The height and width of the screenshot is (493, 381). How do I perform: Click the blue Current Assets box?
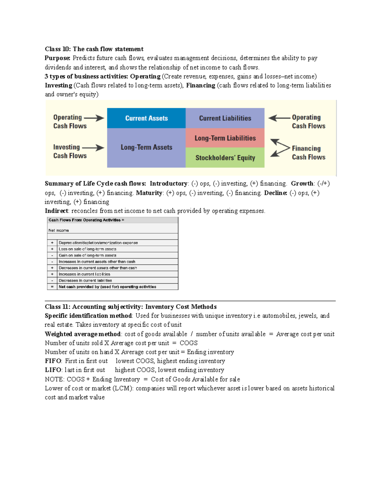[x=146, y=118]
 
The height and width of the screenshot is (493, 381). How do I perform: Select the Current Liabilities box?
[x=225, y=118]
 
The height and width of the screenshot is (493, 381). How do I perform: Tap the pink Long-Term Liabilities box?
[x=225, y=138]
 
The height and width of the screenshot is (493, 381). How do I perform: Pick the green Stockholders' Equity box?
[x=225, y=158]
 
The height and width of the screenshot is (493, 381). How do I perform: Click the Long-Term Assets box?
[x=146, y=148]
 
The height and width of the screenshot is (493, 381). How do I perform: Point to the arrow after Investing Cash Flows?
[x=93, y=148]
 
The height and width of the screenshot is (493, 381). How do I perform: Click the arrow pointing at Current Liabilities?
[x=279, y=118]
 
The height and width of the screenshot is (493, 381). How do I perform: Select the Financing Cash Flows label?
[x=308, y=153]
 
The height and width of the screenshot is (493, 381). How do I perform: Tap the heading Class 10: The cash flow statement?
[x=94, y=49]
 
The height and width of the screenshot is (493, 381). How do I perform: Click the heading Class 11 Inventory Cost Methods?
[x=130, y=307]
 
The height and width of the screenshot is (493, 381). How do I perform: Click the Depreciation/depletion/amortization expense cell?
[x=98, y=243]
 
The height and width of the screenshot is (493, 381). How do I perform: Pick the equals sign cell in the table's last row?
[x=52, y=287]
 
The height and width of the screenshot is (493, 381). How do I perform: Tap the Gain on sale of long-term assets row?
[x=87, y=255]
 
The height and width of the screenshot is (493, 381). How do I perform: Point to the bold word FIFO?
[x=53, y=361]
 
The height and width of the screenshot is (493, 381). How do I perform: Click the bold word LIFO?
[x=53, y=370]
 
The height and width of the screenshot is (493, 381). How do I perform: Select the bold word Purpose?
[x=57, y=58]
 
